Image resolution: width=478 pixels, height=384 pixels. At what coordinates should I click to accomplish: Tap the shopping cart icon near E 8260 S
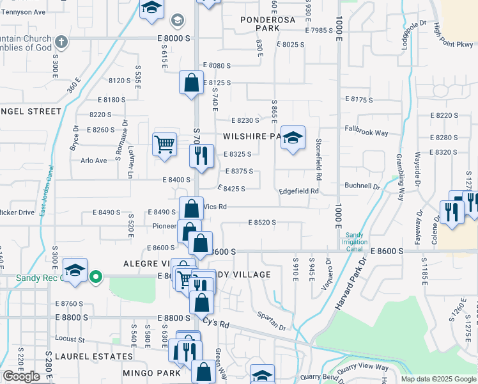click(165, 144)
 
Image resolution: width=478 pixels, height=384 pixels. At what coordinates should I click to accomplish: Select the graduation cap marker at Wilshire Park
click(293, 138)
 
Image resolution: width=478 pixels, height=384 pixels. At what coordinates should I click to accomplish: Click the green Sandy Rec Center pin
click(96, 277)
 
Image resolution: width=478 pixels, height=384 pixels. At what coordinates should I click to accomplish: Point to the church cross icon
click(61, 43)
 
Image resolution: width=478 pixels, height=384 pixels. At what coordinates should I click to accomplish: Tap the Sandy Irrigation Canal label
click(357, 241)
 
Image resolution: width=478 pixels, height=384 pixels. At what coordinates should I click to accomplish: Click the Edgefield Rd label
click(298, 191)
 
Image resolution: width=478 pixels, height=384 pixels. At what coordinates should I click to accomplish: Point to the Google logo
click(21, 376)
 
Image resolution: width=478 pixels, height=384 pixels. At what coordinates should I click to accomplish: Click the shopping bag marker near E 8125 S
click(191, 82)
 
